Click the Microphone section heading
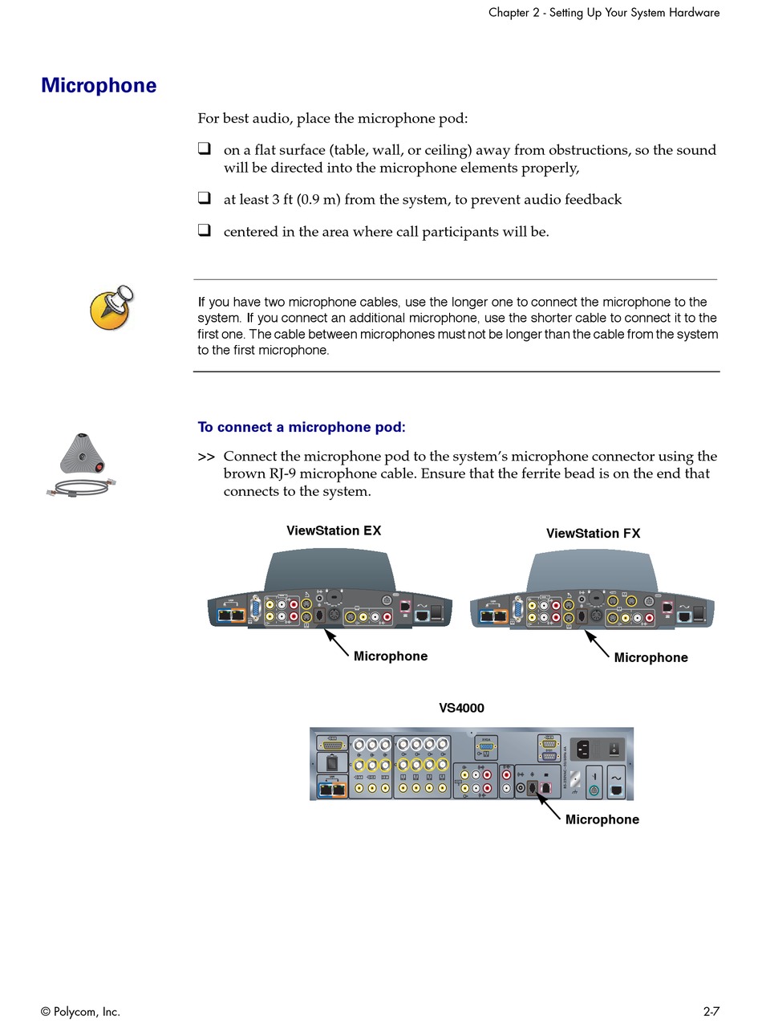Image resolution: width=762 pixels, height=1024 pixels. [99, 86]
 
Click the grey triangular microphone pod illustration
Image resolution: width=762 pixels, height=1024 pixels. [83, 453]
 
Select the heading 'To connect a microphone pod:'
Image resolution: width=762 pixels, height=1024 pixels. [302, 427]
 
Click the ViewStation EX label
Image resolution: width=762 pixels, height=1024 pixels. [334, 530]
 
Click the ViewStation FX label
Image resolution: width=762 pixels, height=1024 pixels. [593, 533]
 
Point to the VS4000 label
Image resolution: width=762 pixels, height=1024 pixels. [461, 708]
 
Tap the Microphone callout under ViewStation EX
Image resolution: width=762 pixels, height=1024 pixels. [391, 656]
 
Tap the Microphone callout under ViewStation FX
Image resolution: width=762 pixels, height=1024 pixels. [651, 657]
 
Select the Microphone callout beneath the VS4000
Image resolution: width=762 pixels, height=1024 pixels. [602, 819]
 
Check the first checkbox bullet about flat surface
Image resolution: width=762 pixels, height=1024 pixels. [205, 149]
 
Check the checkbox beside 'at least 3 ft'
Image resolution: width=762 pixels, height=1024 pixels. [205, 198]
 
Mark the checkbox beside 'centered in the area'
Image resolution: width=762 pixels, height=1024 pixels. [205, 231]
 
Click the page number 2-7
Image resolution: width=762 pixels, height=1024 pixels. [711, 1012]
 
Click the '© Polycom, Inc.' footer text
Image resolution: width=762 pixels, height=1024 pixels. [80, 1012]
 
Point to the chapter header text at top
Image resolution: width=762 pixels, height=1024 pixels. [603, 13]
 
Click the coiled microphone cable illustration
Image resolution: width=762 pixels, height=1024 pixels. [78, 487]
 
